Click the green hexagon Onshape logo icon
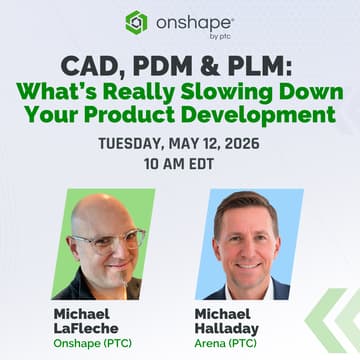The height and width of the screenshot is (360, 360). pyautogui.click(x=137, y=22)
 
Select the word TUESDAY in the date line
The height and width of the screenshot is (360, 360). pyautogui.click(x=135, y=144)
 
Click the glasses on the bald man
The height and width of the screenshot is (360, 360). pyautogui.click(x=106, y=237)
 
